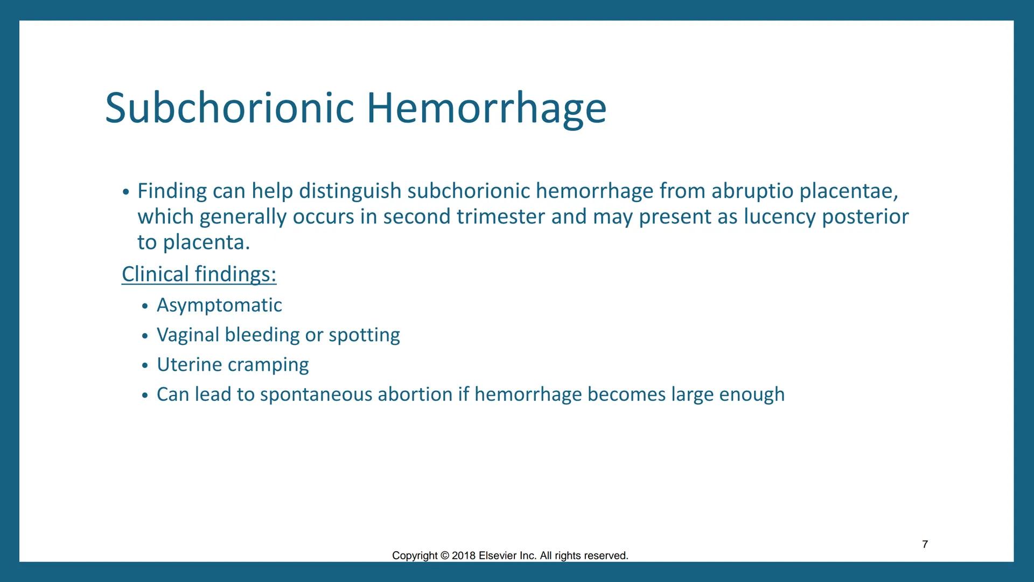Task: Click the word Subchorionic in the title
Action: [229, 108]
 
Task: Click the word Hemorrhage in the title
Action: [486, 108]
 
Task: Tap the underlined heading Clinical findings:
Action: [199, 274]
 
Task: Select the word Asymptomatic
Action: [219, 305]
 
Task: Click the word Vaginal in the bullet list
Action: [187, 335]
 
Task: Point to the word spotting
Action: [364, 335]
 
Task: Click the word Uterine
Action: [189, 364]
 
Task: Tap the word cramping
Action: [268, 365]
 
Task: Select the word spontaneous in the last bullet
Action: [316, 394]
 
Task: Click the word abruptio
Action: [752, 191]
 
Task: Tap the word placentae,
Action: [849, 191]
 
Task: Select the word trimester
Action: [500, 217]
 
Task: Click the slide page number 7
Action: [925, 544]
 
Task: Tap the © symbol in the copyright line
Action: [444, 556]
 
